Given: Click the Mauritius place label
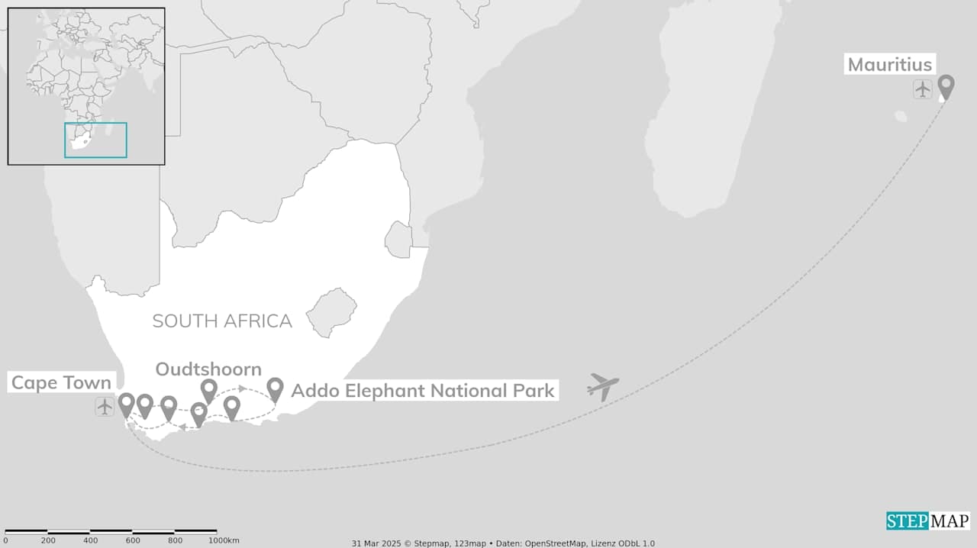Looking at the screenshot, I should pos(890,64).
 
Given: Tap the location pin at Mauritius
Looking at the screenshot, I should pos(946,86).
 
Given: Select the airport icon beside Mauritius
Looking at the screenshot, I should pos(923,89).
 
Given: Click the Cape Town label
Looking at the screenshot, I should pos(61,382).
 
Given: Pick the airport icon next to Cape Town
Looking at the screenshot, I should pos(105,407).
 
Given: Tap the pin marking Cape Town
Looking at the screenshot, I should pos(126,404).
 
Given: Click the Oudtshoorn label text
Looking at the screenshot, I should pos(208,369).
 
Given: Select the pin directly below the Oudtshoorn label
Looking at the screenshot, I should pos(208,390).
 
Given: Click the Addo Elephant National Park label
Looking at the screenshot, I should pos(423,391).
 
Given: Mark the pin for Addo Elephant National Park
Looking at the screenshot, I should pos(275,388).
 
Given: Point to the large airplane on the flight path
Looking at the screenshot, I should pos(603,386).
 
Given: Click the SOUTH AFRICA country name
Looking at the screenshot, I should pos(222,321).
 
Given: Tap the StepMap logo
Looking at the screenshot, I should pos(927,521).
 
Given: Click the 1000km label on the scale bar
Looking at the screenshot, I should pos(224,540).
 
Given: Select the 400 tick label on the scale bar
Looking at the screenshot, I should pos(91,540).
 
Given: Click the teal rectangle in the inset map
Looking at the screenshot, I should pos(95,140).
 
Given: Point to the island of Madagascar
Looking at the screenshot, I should pos(710,114).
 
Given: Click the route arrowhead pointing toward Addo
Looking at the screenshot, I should pos(242,388).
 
